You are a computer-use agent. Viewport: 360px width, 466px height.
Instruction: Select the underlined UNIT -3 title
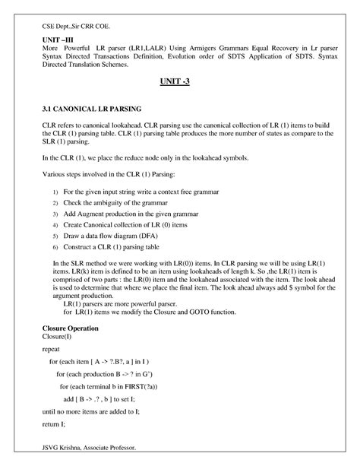(x=180, y=81)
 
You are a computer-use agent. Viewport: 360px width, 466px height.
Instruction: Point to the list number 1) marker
(x=54, y=193)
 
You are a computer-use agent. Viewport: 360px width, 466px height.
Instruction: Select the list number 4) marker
(x=54, y=226)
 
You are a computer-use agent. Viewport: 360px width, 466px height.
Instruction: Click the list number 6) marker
(x=54, y=248)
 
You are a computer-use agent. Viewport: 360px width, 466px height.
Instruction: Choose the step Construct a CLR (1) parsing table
(x=122, y=248)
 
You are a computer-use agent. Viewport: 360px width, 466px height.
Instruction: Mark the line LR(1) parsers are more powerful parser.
(x=116, y=304)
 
